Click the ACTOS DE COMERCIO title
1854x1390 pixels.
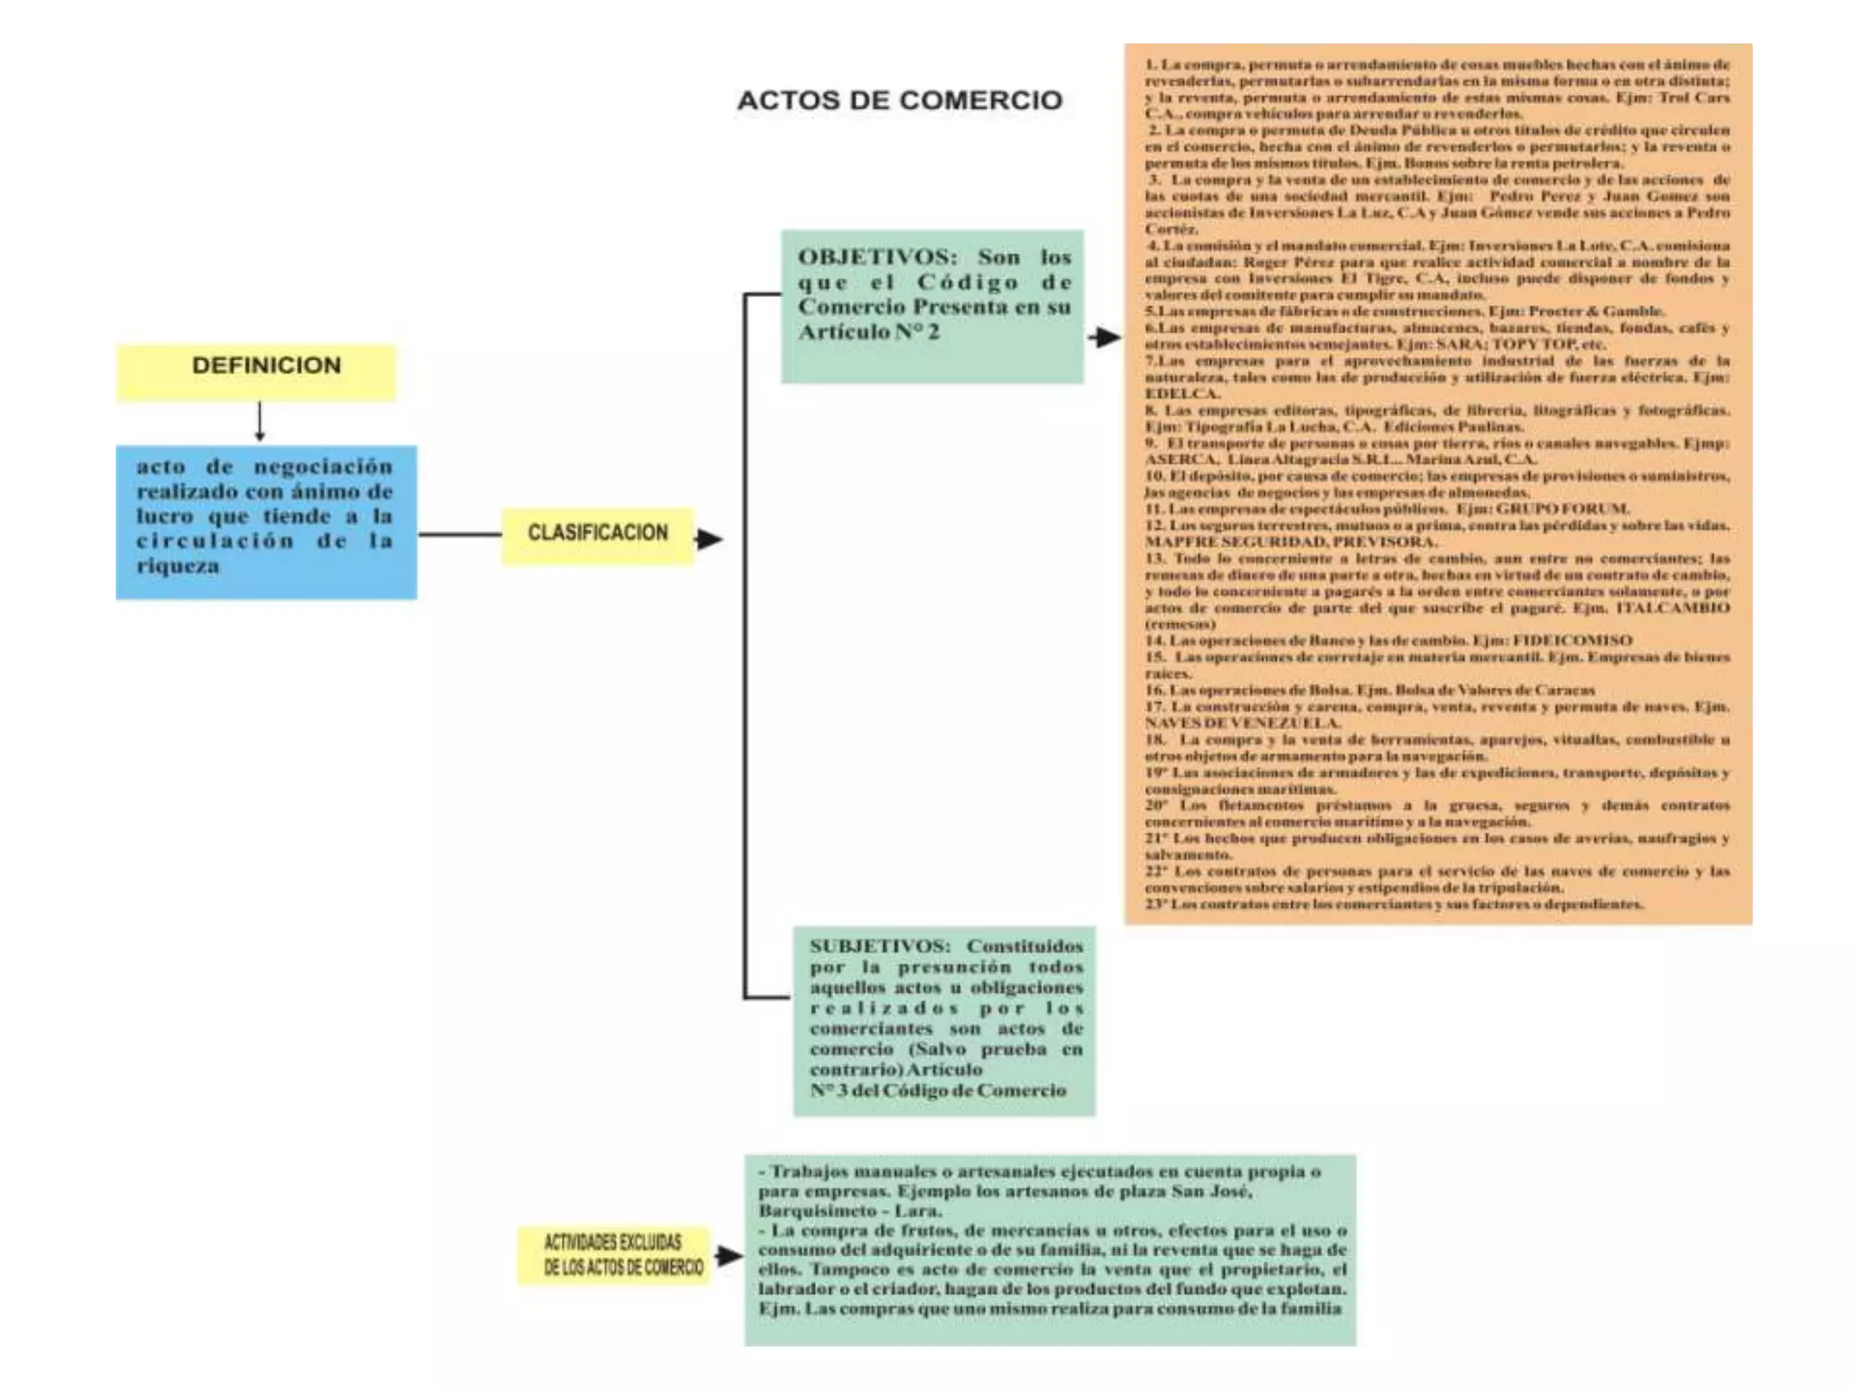899,100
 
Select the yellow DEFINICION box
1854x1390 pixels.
256,371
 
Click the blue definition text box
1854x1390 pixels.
266,521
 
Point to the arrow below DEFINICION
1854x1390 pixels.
260,422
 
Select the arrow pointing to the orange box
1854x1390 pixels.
1104,338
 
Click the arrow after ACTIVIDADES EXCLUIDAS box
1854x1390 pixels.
729,1255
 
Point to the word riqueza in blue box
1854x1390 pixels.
177,566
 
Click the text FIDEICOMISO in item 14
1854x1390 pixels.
1572,641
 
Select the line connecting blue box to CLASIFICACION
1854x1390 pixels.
459,535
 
